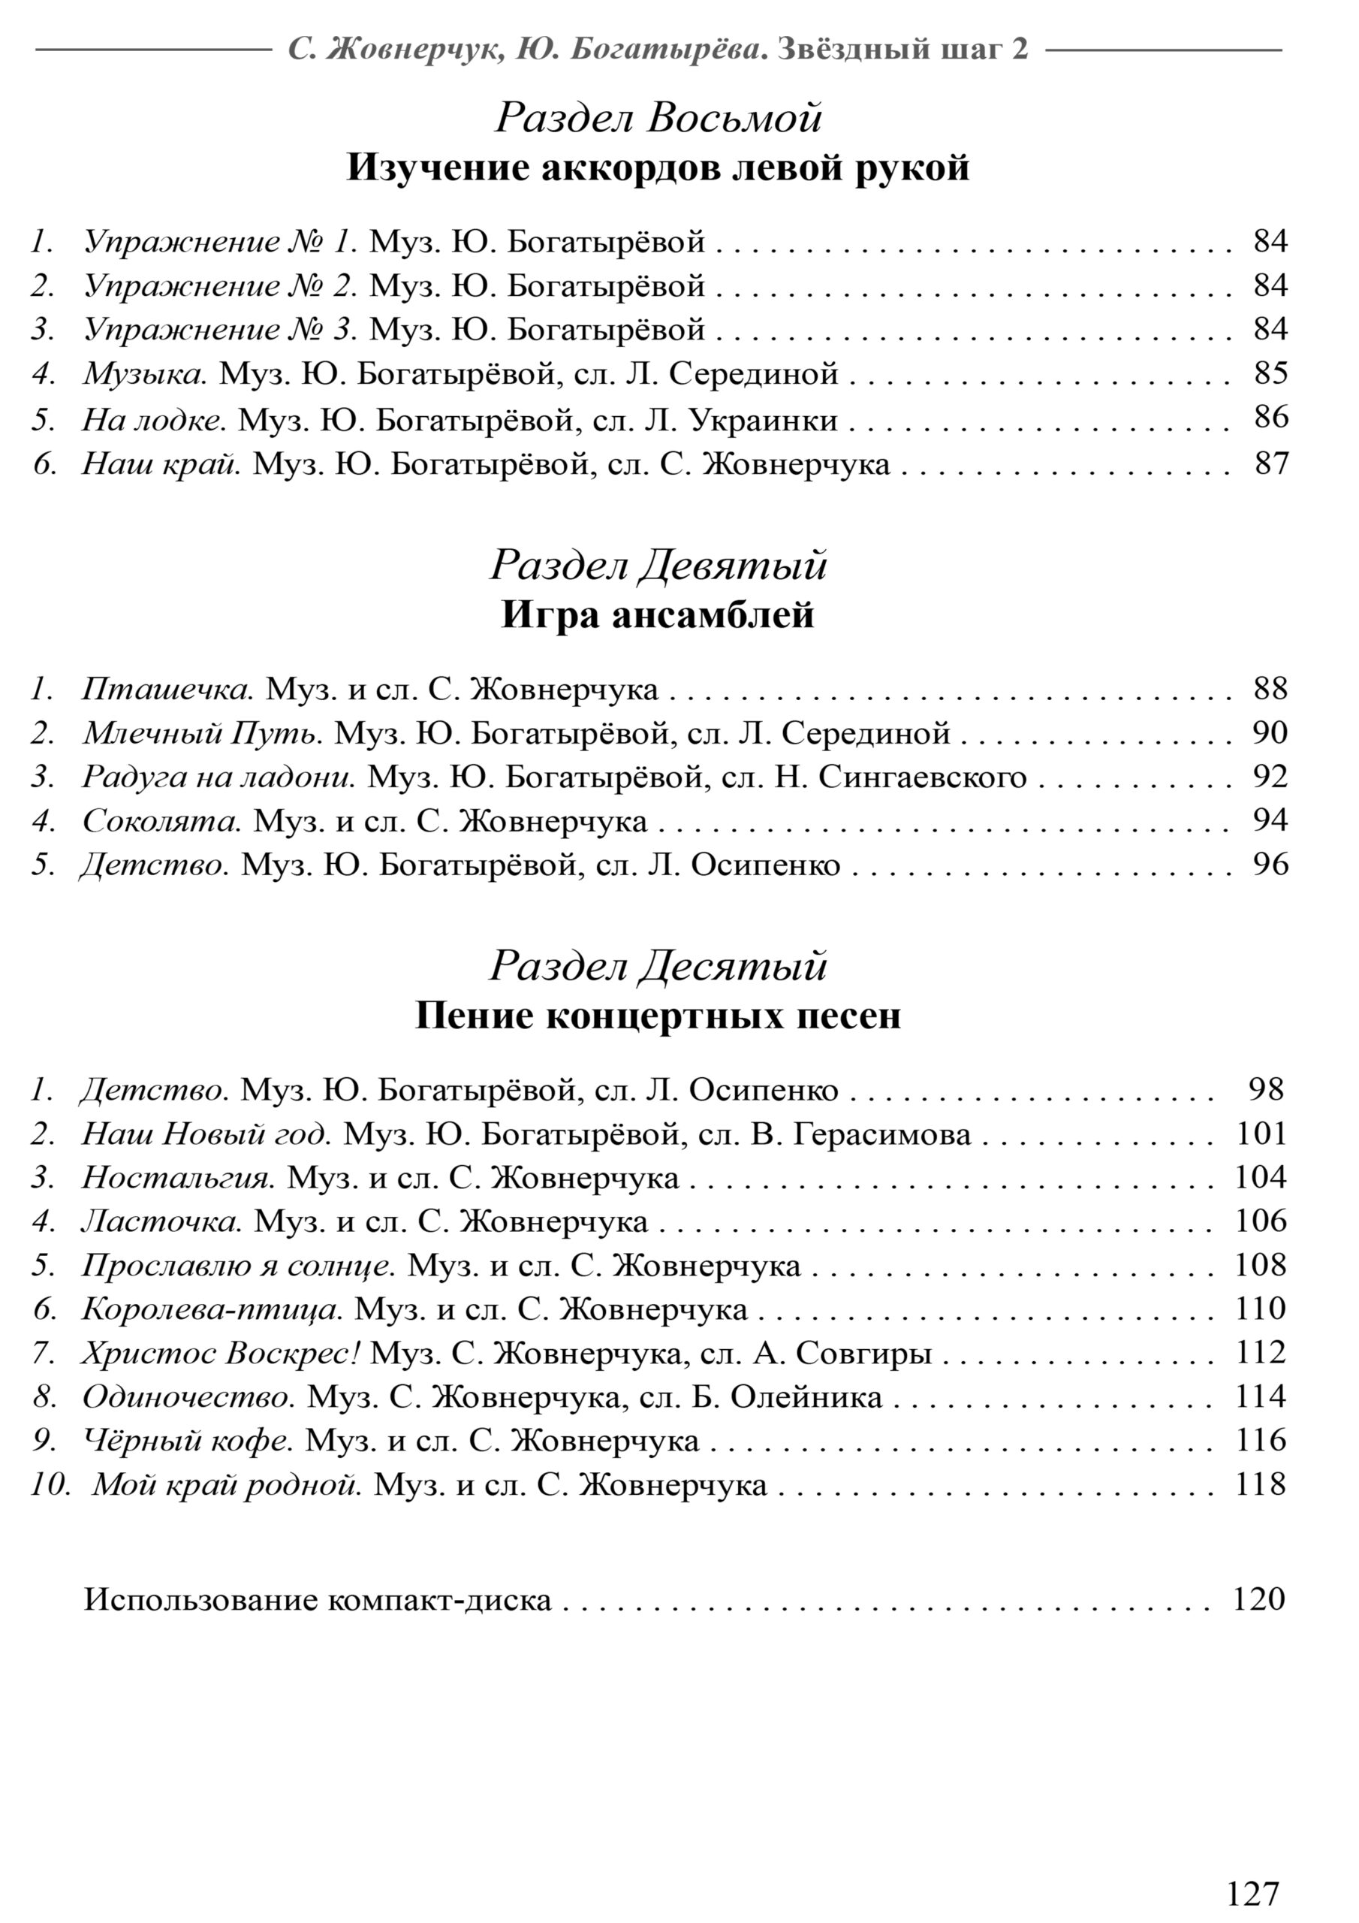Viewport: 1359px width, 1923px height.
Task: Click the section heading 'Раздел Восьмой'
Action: click(x=658, y=118)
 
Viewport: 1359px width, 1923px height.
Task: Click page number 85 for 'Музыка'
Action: click(x=1270, y=373)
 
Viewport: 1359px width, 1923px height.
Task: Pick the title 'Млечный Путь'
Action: click(x=202, y=733)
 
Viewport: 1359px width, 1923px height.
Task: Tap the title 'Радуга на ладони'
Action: click(x=218, y=777)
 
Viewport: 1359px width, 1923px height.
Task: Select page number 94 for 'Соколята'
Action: click(x=1270, y=820)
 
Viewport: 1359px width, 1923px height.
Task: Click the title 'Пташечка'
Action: click(x=167, y=690)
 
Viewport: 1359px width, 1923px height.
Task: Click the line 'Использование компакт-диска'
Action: click(x=318, y=1600)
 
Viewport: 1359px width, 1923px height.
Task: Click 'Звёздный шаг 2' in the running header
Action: click(x=902, y=50)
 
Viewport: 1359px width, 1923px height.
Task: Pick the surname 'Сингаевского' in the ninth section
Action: click(x=922, y=777)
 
